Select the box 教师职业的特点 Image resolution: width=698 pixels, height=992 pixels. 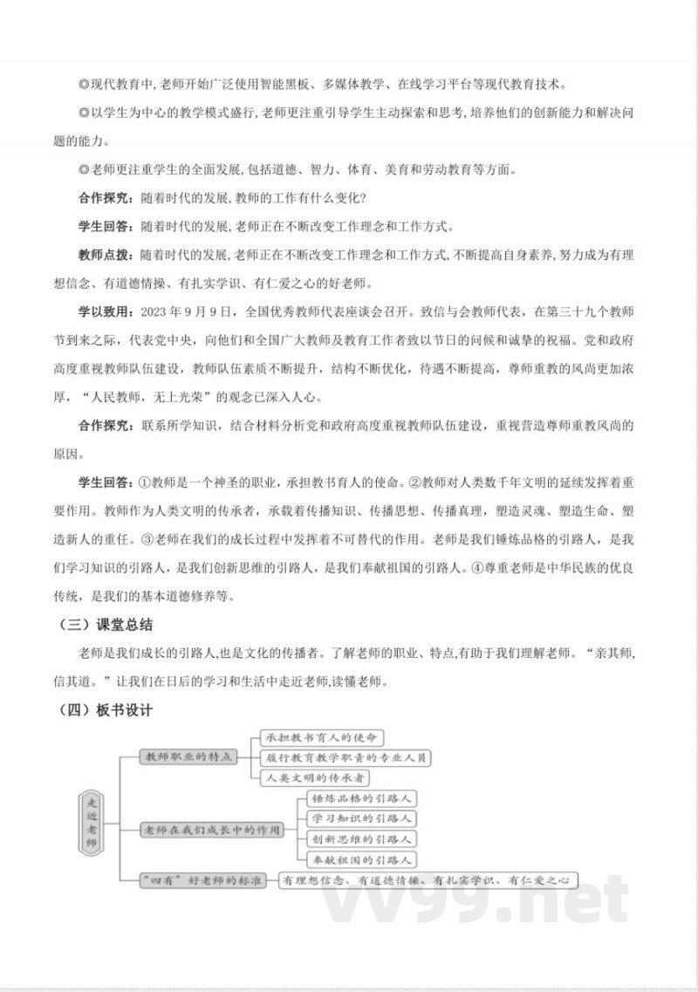click(x=188, y=756)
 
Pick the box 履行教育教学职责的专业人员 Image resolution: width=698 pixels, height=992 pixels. click(x=346, y=757)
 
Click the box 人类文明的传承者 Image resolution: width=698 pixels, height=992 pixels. click(x=316, y=777)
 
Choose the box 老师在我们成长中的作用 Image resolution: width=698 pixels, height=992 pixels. click(x=213, y=830)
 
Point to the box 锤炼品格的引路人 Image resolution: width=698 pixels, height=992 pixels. click(x=362, y=798)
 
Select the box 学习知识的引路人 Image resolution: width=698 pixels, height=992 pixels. click(x=362, y=818)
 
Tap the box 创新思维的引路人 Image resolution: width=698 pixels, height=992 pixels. click(x=362, y=839)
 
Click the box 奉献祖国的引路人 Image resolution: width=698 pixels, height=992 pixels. click(x=362, y=859)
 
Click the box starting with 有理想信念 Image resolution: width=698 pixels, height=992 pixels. click(x=426, y=880)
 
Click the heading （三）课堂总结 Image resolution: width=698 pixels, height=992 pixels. click(x=103, y=626)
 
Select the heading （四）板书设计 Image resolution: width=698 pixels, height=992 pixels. click(x=103, y=709)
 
